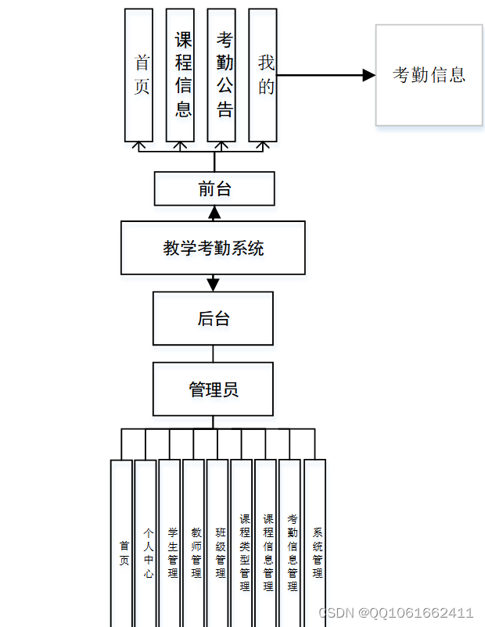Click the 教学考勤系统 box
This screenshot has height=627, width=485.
pyautogui.click(x=213, y=248)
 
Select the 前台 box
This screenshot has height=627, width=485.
pyautogui.click(x=214, y=188)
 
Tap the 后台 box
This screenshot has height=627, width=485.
pyautogui.click(x=213, y=318)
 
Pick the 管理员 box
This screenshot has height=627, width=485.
pyautogui.click(x=213, y=389)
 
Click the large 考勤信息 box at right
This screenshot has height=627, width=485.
pyautogui.click(x=429, y=75)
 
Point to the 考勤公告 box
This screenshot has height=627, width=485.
pyautogui.click(x=221, y=76)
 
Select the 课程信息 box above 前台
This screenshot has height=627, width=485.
pyautogui.click(x=181, y=76)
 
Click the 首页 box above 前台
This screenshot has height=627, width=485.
pyautogui.click(x=139, y=76)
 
